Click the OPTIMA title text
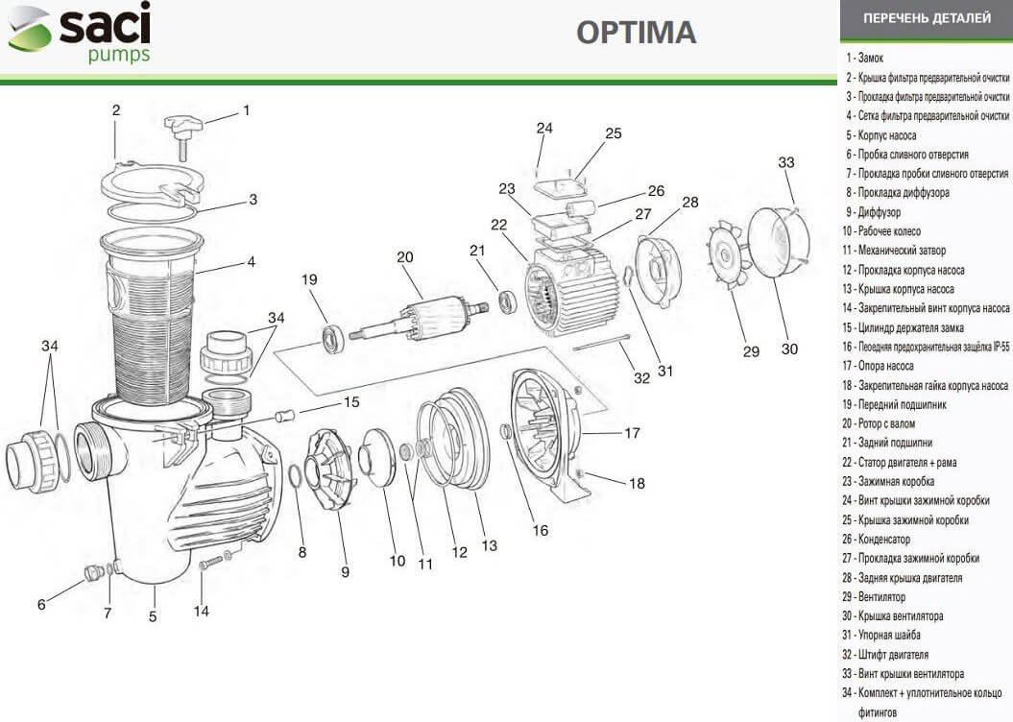click(636, 33)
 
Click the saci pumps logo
click(80, 33)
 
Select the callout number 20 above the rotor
click(404, 257)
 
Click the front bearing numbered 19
click(333, 338)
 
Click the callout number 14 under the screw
click(201, 611)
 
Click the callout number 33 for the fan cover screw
click(786, 163)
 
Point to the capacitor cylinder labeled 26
click(579, 207)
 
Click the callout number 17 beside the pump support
click(632, 434)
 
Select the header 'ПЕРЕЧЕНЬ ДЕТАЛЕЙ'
click(926, 18)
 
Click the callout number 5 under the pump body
click(153, 617)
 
